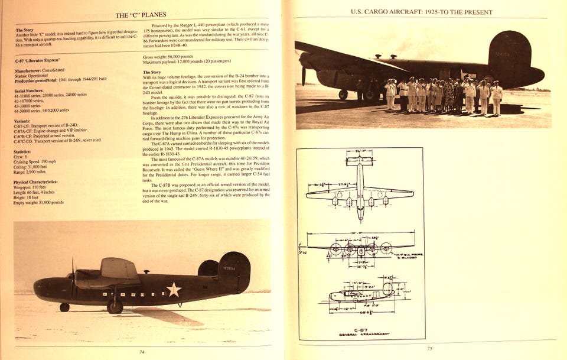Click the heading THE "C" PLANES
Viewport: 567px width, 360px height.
pyautogui.click(x=141, y=14)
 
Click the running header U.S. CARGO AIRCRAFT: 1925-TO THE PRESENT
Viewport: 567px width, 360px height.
pyautogui.click(x=421, y=12)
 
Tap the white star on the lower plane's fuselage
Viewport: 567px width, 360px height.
pyautogui.click(x=174, y=289)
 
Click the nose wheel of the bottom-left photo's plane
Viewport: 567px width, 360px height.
pyautogui.click(x=64, y=307)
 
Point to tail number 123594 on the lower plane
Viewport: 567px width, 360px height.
pyautogui.click(x=229, y=268)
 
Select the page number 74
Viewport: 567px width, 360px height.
pyautogui.click(x=142, y=351)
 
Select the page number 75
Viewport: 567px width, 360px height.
pyautogui.click(x=429, y=348)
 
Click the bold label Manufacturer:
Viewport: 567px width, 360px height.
pyautogui.click(x=32, y=70)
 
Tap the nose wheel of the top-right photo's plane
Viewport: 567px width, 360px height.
pyautogui.click(x=343, y=95)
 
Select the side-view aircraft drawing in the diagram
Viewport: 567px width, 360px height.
pyautogui.click(x=361, y=293)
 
